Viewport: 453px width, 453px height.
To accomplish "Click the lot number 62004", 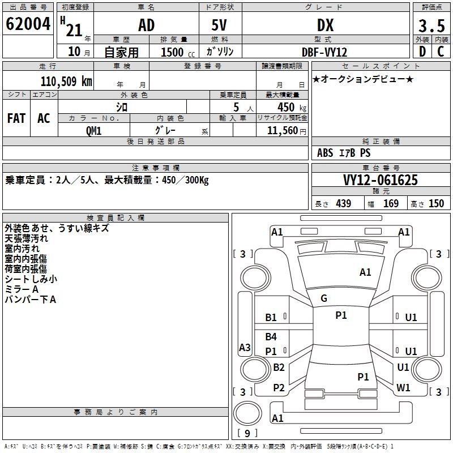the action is coord(28,24).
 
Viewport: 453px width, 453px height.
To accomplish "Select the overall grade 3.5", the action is coord(431,25).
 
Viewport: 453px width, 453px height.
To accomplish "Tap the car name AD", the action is coord(147,25).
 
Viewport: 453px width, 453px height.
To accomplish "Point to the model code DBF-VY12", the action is coord(324,52).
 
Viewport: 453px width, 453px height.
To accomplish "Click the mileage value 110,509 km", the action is coord(66,82).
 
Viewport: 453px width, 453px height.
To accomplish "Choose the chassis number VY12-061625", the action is coord(381,180).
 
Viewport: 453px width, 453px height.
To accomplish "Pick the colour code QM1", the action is coord(93,131).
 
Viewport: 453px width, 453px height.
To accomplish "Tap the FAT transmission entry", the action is coord(16,118).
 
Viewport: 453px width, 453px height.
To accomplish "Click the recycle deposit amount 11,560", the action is coord(287,131).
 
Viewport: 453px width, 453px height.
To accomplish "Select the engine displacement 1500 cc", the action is coord(178,52).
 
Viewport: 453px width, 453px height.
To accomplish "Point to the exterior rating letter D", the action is coord(422,52).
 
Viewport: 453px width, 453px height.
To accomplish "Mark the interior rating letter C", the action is coord(441,52).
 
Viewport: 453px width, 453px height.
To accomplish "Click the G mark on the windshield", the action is coord(324,298).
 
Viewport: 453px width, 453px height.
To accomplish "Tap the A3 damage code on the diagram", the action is coord(245,347).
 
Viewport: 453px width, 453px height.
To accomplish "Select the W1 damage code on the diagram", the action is coord(403,388).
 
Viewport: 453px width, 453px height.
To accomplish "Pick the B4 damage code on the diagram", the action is coord(271,336).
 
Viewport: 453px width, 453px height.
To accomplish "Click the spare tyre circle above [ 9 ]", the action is coord(247,413).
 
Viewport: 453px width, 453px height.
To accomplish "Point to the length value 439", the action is coord(344,204).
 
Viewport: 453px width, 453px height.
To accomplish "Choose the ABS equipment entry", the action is coord(325,153).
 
